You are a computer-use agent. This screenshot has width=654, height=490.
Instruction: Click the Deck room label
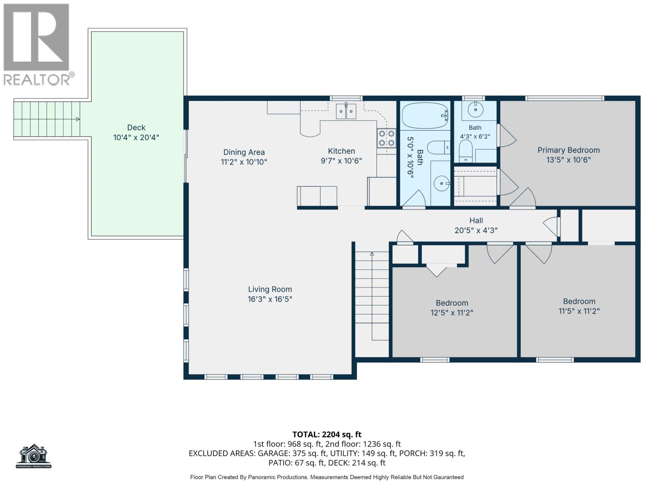(x=136, y=128)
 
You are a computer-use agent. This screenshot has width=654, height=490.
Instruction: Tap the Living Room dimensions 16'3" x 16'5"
(x=270, y=299)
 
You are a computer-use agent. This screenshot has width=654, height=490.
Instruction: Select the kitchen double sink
(x=346, y=111)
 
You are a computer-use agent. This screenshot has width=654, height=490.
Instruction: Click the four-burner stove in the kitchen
(x=386, y=138)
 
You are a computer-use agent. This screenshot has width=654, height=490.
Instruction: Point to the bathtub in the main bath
(x=425, y=116)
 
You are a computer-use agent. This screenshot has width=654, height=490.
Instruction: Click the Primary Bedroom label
(x=569, y=150)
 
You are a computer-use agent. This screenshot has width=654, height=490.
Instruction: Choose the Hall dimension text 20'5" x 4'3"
(x=476, y=230)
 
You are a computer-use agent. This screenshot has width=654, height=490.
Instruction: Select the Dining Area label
(x=244, y=152)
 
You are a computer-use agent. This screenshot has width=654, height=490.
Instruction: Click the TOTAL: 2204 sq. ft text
(x=327, y=434)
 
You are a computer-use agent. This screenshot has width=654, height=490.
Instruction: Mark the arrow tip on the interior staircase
(x=372, y=253)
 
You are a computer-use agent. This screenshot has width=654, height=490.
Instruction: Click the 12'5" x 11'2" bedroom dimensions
(x=452, y=313)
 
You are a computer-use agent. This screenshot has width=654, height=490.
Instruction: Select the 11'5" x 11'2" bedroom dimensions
(x=579, y=311)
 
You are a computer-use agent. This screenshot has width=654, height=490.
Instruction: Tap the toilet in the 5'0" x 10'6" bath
(x=439, y=147)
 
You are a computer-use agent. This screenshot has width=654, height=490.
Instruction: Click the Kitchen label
(x=341, y=151)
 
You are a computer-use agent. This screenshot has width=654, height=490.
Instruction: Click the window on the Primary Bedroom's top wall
(x=564, y=98)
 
